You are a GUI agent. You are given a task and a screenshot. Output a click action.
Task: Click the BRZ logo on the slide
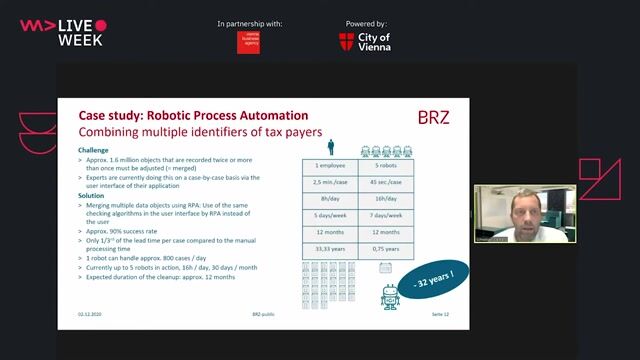click(433, 117)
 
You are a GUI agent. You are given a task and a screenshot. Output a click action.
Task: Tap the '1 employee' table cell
click(329, 165)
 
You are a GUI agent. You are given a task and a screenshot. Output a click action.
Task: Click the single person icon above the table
click(329, 148)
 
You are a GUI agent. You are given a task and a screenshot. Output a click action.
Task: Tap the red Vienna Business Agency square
click(248, 42)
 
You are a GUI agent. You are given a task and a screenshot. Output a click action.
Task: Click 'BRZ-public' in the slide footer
click(263, 314)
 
